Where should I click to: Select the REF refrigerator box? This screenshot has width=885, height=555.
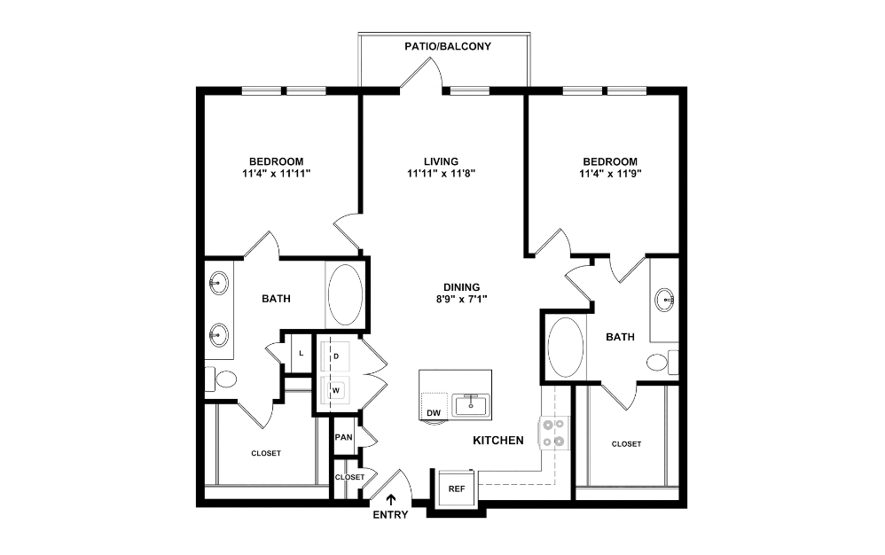pos(457,489)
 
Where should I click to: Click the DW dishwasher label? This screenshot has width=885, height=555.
pos(434,412)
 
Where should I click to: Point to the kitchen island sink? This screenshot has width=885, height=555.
pos(471,405)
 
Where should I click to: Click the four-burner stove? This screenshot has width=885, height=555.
pos(555,431)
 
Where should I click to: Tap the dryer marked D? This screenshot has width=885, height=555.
pos(336,356)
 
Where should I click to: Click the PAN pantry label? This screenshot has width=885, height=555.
pos(343,437)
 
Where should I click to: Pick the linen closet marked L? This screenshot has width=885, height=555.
pos(301,353)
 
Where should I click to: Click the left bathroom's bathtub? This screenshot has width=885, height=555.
pos(345,293)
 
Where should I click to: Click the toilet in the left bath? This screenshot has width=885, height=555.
pos(224,379)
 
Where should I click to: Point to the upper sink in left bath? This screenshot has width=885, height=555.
pos(218,284)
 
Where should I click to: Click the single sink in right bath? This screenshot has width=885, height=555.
pos(665,300)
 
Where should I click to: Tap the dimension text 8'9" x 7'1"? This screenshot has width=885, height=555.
pos(462,300)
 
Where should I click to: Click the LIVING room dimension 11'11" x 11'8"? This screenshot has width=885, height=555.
pos(441,174)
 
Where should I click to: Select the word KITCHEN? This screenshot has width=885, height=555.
pos(497,441)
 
